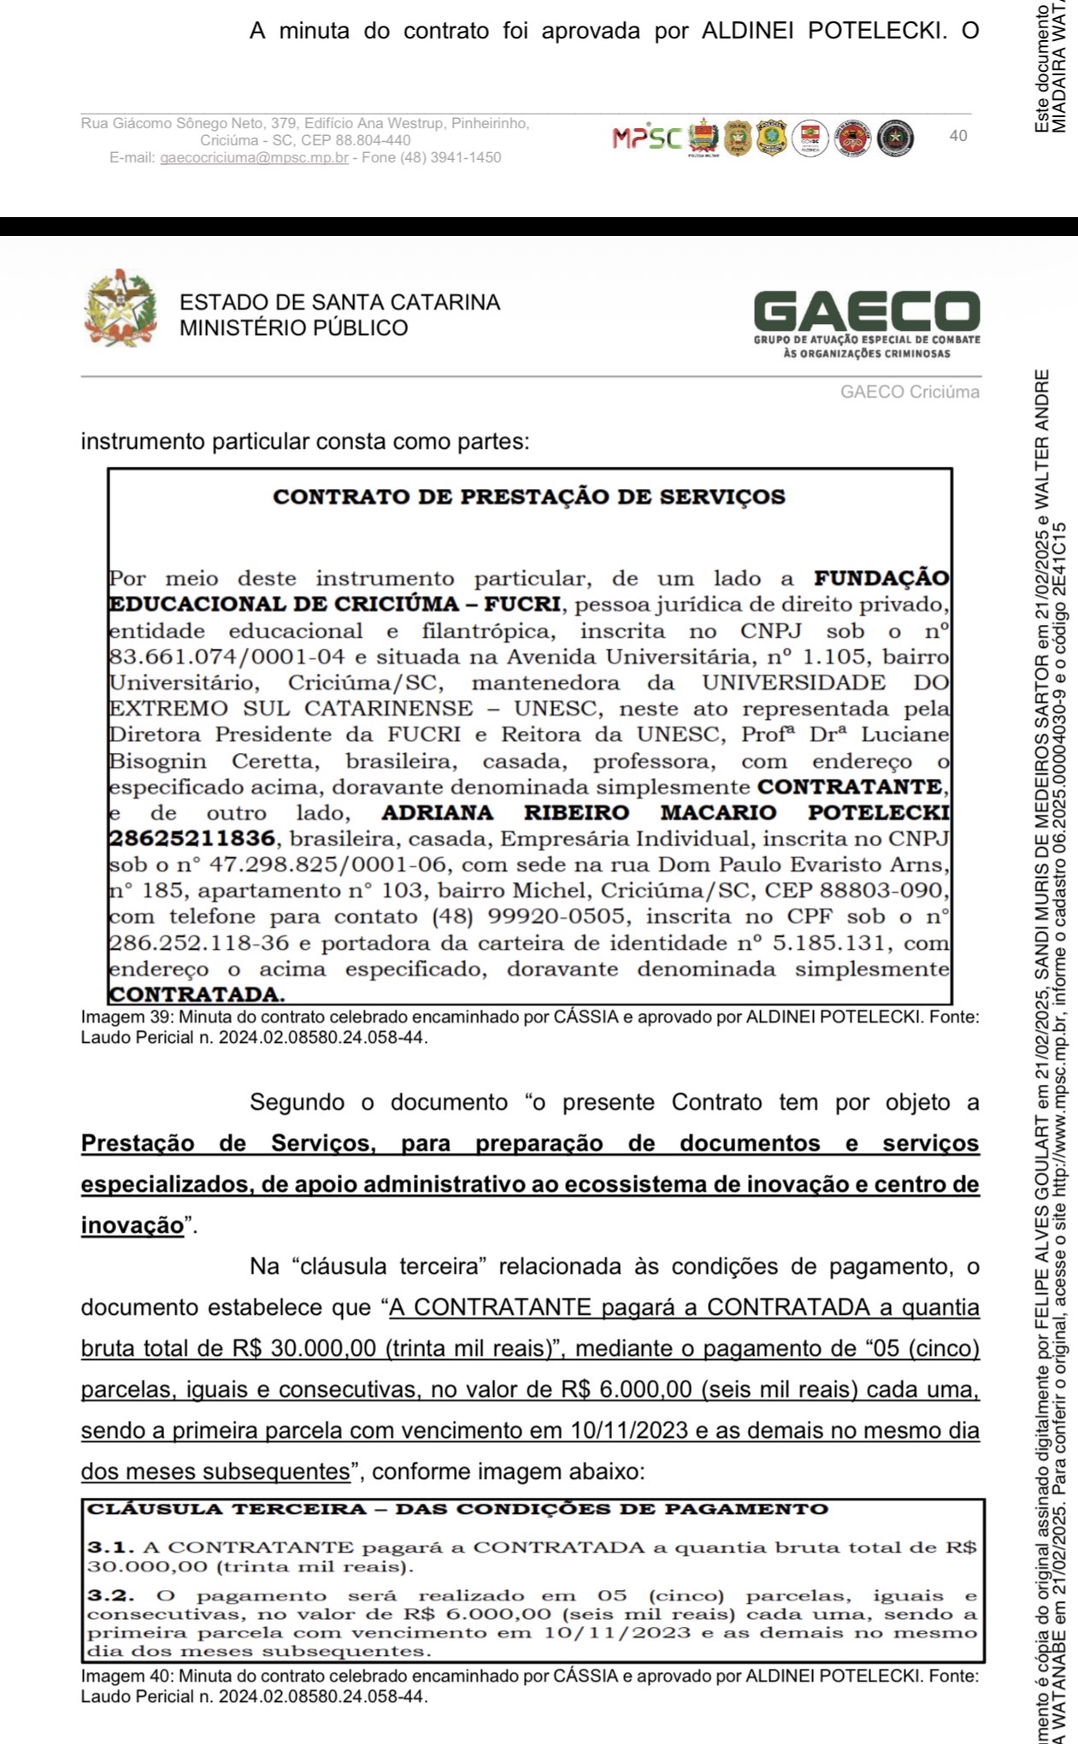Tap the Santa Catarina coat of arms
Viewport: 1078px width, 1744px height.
pyautogui.click(x=121, y=308)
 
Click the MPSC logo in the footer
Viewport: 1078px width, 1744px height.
pyautogui.click(x=647, y=138)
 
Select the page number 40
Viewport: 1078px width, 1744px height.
pyautogui.click(x=958, y=136)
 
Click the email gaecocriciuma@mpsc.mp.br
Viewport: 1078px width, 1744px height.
pyautogui.click(x=254, y=158)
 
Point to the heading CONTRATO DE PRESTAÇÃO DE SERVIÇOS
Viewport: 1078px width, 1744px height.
pyautogui.click(x=528, y=497)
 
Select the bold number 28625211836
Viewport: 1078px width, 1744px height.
pyautogui.click(x=192, y=839)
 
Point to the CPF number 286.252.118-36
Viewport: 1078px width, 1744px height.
pyautogui.click(x=193, y=943)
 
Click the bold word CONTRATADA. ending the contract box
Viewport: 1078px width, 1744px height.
pyautogui.click(x=197, y=995)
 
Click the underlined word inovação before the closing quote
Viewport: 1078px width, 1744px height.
pyautogui.click(x=132, y=1226)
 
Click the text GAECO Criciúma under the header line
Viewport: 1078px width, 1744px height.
pyautogui.click(x=910, y=392)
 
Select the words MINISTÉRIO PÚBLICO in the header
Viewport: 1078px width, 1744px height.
pyautogui.click(x=293, y=328)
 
